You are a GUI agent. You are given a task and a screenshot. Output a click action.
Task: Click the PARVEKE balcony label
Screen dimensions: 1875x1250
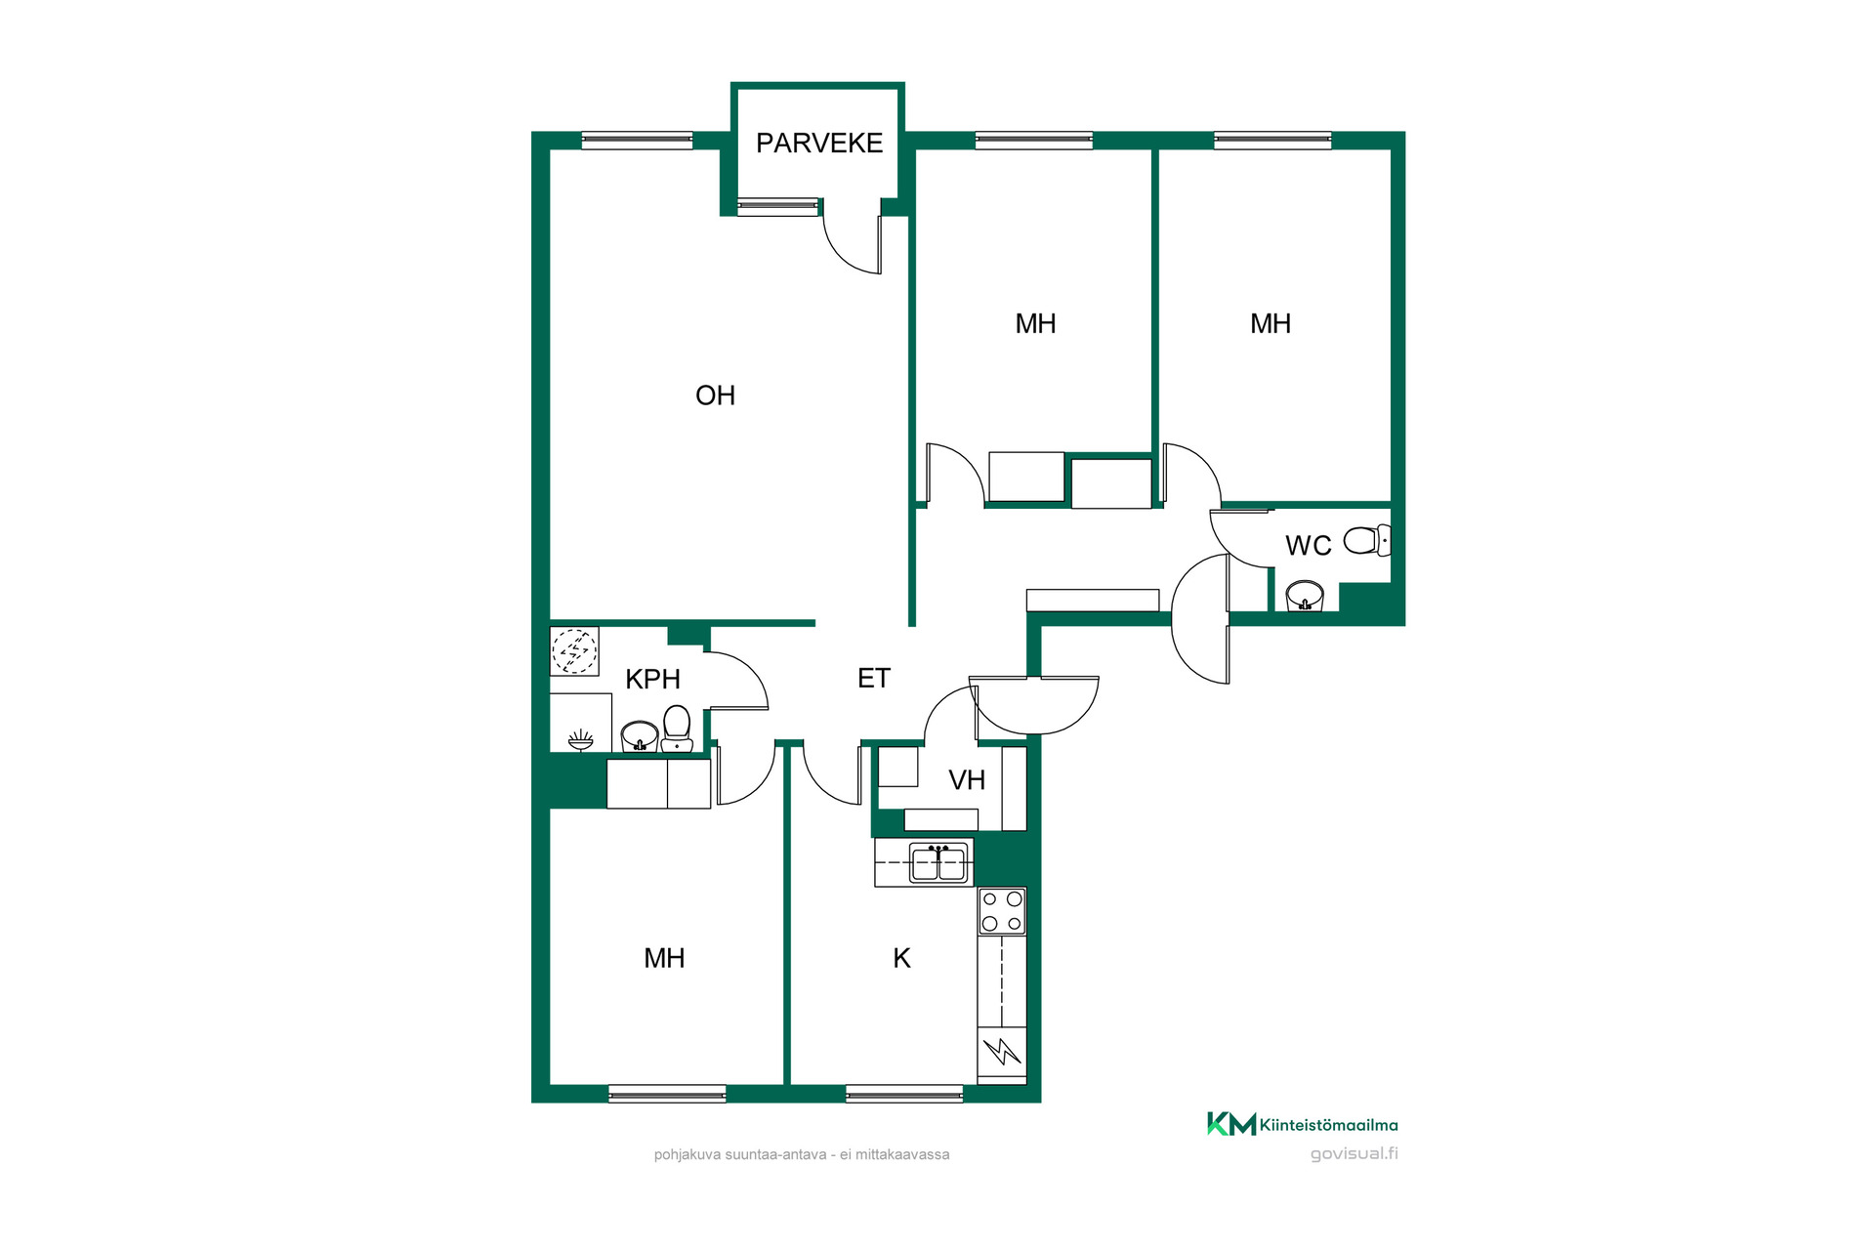click(x=819, y=144)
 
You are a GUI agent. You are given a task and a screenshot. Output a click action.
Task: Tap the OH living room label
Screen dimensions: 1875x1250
click(x=715, y=396)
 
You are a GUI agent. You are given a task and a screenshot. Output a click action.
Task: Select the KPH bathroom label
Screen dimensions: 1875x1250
click(x=652, y=679)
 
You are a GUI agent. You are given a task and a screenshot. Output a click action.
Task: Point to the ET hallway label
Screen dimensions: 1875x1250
click(x=874, y=678)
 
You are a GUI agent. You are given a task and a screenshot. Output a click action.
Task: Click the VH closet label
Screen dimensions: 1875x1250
click(x=967, y=780)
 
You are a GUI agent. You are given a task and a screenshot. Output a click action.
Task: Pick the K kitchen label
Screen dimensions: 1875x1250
click(x=901, y=958)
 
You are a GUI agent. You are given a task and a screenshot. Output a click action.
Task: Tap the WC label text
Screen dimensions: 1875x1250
click(x=1309, y=546)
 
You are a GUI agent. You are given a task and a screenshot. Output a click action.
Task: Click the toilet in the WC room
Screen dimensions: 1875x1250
click(x=1367, y=540)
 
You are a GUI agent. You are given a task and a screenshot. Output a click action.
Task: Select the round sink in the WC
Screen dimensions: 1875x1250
click(x=1305, y=595)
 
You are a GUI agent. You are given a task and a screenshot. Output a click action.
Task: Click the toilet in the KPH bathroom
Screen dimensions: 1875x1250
click(x=677, y=729)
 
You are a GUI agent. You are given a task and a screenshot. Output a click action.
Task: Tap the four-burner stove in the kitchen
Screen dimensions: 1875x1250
click(x=1002, y=911)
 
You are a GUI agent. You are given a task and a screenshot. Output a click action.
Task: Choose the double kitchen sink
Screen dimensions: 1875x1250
click(x=938, y=863)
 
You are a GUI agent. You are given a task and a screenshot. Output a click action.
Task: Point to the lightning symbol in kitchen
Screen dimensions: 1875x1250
click(x=1002, y=1052)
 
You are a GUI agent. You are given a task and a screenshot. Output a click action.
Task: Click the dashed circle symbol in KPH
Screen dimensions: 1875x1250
click(x=574, y=651)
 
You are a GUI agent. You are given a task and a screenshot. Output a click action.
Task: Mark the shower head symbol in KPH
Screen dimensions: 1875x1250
click(x=581, y=739)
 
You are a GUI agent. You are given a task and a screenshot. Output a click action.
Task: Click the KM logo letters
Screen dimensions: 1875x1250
click(x=1231, y=1124)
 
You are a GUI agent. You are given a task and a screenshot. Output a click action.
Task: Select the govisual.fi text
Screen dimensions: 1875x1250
click(x=1354, y=1153)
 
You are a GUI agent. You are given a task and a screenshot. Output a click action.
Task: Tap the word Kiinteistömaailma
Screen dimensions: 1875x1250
click(x=1329, y=1125)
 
